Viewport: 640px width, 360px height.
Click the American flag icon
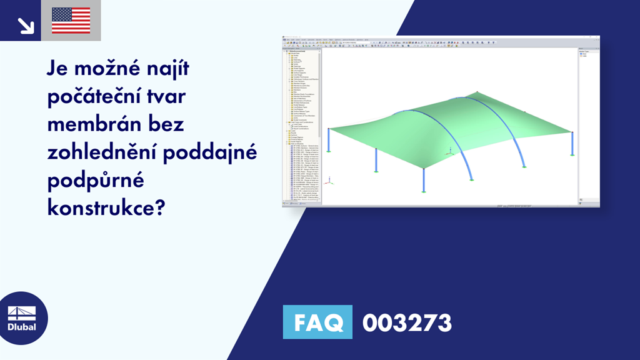[x=71, y=21]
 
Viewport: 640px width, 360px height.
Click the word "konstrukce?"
[x=106, y=206]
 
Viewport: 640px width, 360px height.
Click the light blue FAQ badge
[x=317, y=322]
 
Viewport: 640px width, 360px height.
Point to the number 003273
[x=407, y=323]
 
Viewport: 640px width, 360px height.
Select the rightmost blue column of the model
[x=572, y=145]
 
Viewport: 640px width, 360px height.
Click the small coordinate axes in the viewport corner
[x=331, y=182]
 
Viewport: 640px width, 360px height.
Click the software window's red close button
[x=597, y=39]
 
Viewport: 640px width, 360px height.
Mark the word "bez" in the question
[x=167, y=125]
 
